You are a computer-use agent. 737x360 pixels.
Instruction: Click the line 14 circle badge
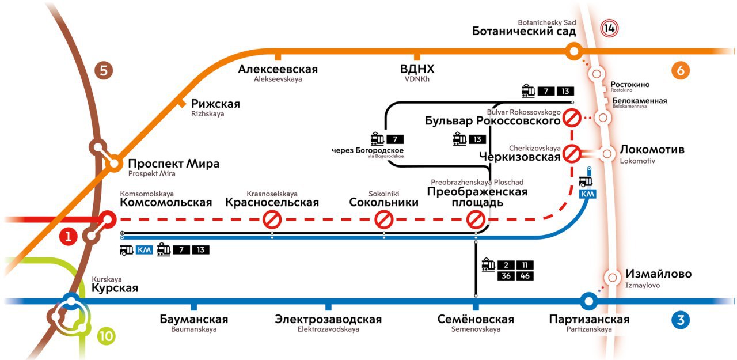609,28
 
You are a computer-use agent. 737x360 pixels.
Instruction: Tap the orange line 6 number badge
681,70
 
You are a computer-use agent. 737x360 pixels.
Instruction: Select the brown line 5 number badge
104,70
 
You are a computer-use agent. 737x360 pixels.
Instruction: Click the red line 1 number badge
68,236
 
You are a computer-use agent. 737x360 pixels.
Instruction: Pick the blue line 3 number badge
681,320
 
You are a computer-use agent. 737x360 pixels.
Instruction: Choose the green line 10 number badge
107,336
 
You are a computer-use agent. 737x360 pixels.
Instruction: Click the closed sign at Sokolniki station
384,219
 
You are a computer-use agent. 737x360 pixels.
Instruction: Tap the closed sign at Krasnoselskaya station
272,219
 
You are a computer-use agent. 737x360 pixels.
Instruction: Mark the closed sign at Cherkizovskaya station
572,154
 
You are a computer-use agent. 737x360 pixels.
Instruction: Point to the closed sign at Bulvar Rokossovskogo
572,118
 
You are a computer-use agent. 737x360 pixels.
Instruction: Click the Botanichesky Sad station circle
574,51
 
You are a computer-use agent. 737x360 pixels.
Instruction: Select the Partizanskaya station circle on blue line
589,301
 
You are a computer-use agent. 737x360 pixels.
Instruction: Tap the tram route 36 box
506,276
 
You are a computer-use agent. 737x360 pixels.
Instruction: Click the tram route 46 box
525,276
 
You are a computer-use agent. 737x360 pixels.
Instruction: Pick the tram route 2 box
506,265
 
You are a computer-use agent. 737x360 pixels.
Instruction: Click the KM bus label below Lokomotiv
588,194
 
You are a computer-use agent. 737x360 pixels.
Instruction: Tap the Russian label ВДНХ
417,69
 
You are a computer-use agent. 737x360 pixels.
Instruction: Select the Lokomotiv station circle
607,154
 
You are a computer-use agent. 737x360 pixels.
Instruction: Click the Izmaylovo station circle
612,278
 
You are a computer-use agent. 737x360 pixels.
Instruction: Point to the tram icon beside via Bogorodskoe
377,139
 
